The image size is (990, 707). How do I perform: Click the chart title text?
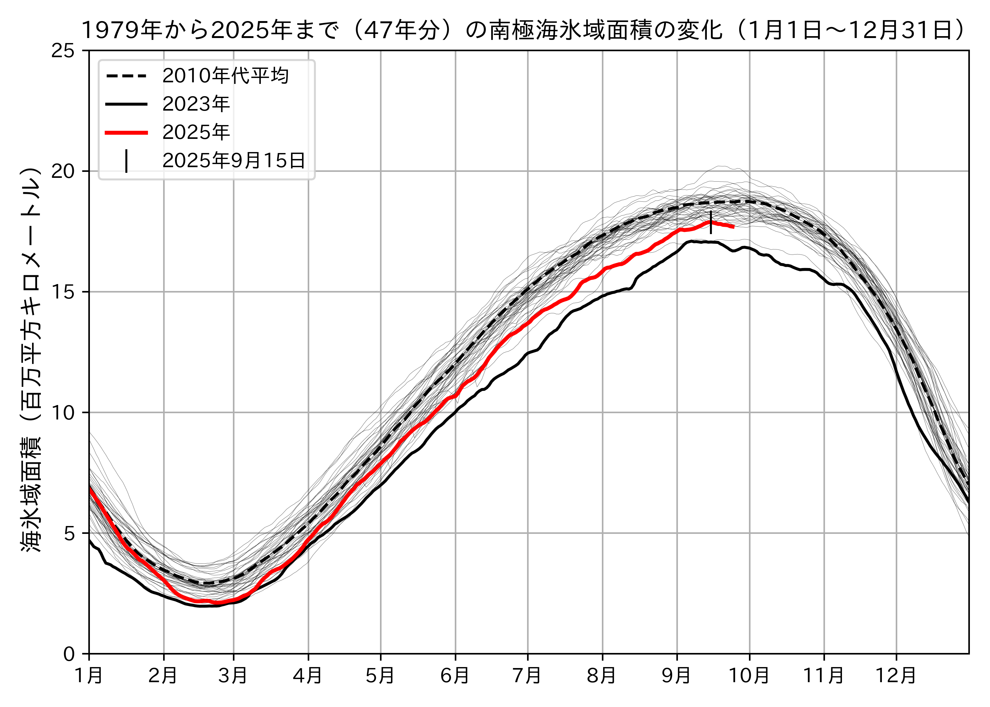coord(522,30)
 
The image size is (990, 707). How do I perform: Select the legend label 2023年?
coord(196,104)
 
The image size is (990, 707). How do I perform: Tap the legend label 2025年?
coord(196,132)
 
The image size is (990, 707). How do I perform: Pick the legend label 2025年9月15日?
coord(234,161)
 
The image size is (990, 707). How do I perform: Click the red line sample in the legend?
coord(126,132)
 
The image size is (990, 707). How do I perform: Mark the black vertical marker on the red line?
coord(711,222)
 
